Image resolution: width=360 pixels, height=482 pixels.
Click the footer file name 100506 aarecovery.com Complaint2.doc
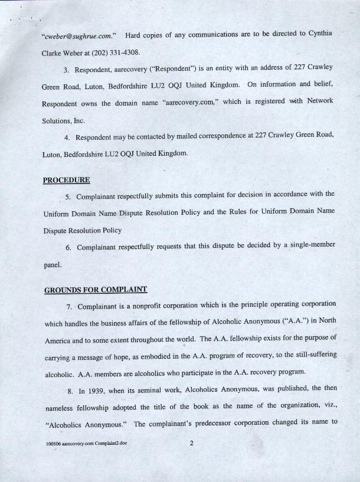click(86, 443)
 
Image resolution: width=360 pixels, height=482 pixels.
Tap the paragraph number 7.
click(69, 305)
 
